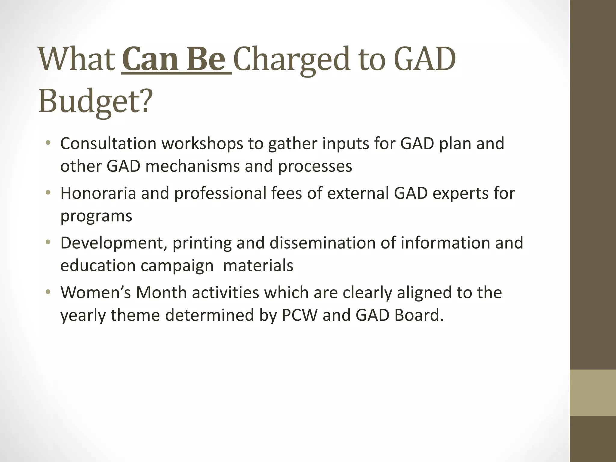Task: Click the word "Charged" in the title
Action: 291,60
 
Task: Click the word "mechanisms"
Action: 192,166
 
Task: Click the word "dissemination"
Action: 322,243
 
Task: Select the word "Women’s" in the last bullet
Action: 96,292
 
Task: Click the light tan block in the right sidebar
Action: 593,393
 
